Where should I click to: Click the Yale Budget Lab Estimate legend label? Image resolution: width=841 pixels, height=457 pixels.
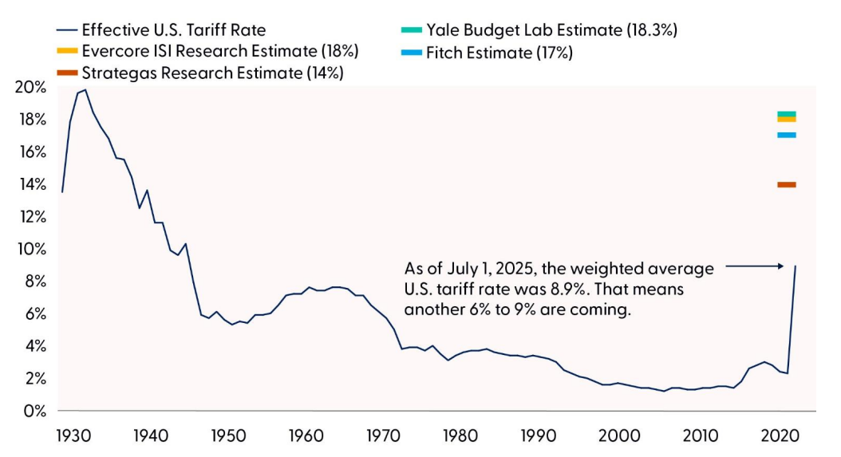tap(551, 30)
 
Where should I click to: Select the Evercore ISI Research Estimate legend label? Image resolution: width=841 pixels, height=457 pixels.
tap(220, 52)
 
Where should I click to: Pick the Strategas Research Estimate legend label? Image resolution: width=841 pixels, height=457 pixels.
tap(212, 73)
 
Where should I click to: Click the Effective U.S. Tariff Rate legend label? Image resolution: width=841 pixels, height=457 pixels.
tap(174, 30)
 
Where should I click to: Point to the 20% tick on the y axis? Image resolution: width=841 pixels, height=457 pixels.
tap(30, 87)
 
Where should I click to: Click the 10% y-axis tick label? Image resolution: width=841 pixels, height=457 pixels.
tap(30, 249)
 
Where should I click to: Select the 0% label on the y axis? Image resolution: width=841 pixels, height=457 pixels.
tap(34, 411)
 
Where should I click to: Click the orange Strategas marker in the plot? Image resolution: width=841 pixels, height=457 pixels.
tap(787, 185)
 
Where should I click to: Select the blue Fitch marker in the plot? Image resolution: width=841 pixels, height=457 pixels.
tap(787, 135)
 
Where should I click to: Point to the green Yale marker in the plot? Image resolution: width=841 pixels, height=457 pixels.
tap(787, 114)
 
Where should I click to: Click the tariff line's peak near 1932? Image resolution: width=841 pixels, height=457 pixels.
tap(85, 90)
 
